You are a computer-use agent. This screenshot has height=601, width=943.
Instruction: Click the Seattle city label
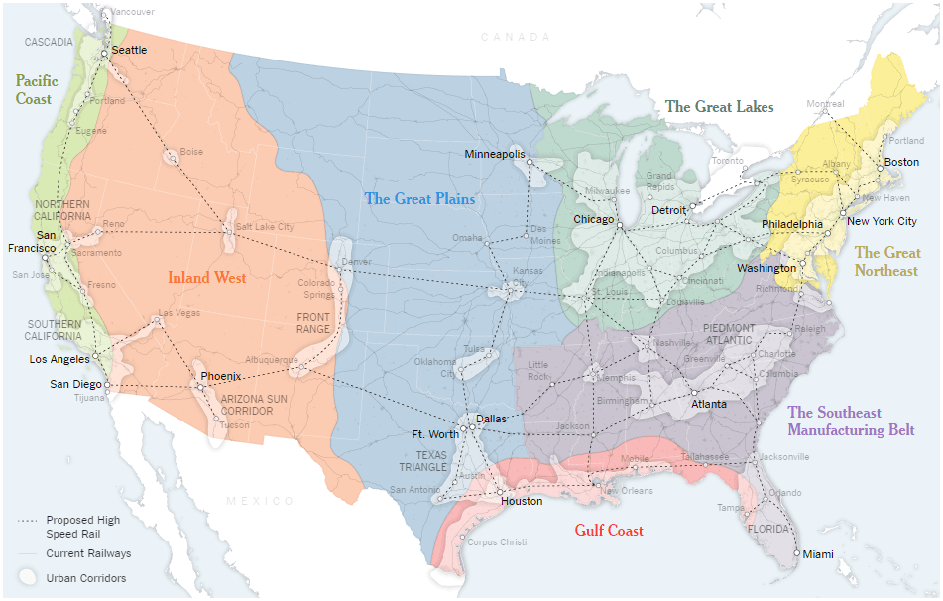pyautogui.click(x=129, y=50)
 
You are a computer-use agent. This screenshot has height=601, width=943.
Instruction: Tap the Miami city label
pyautogui.click(x=819, y=554)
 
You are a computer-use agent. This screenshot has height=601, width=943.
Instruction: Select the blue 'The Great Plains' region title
pyautogui.click(x=419, y=199)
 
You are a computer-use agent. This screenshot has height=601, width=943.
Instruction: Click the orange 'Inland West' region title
pyautogui.click(x=206, y=277)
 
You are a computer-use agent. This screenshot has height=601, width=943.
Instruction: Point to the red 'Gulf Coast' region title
pyautogui.click(x=609, y=531)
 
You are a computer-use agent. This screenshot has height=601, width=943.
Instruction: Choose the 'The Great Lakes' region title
pyautogui.click(x=719, y=107)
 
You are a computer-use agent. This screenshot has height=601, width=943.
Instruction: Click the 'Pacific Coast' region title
pyautogui.click(x=36, y=90)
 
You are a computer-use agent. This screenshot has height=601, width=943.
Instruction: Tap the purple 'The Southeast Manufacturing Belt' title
pyautogui.click(x=851, y=421)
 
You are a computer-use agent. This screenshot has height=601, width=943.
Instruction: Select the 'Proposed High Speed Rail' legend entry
pyautogui.click(x=83, y=526)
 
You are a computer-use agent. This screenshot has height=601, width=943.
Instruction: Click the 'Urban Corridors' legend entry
pyautogui.click(x=86, y=578)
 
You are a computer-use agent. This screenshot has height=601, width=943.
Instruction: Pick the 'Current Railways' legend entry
pyautogui.click(x=88, y=553)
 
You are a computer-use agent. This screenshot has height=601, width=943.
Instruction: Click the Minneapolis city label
pyautogui.click(x=494, y=155)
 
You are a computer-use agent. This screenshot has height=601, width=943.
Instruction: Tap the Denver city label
pyautogui.click(x=356, y=262)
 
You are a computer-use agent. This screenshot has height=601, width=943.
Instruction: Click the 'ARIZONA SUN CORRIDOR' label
pyautogui.click(x=249, y=403)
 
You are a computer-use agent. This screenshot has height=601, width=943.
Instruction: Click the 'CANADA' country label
pyautogui.click(x=515, y=37)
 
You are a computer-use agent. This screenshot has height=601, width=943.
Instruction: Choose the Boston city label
pyautogui.click(x=901, y=162)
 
